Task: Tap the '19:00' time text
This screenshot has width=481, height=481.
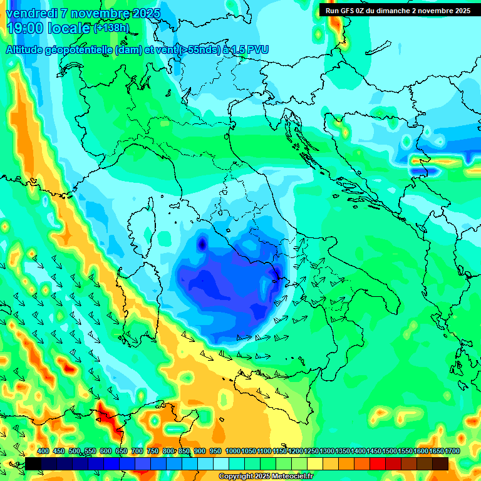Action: point(23,28)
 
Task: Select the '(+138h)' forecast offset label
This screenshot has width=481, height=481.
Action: point(111,28)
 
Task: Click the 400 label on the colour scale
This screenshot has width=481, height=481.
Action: point(43,452)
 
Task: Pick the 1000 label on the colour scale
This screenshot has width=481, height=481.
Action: point(233,452)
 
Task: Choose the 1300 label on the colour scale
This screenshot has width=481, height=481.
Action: point(328,452)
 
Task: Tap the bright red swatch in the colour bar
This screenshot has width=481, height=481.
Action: point(378,463)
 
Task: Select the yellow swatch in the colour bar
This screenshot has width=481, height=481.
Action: point(315,463)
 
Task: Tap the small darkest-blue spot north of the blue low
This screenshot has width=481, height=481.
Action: point(202,243)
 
